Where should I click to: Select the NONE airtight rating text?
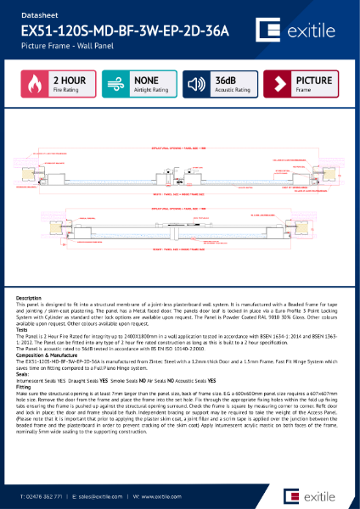click(147, 79)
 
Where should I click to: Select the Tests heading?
click(25, 331)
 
